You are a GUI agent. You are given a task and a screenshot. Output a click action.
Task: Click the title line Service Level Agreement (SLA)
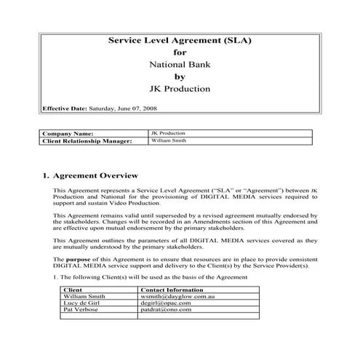[x=179, y=41]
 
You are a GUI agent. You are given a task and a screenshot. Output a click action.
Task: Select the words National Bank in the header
[x=179, y=65]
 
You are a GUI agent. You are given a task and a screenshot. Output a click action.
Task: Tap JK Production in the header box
[x=180, y=89]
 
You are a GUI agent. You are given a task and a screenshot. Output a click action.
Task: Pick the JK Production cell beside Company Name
[x=168, y=134]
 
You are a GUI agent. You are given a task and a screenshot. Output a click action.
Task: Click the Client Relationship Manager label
[x=87, y=141]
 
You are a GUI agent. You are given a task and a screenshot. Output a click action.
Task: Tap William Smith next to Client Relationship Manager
[x=167, y=141]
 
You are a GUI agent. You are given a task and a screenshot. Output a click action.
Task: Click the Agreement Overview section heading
[x=91, y=176]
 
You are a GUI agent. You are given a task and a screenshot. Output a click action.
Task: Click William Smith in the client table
[x=84, y=296]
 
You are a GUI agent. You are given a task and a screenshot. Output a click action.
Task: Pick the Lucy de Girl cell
[x=81, y=303]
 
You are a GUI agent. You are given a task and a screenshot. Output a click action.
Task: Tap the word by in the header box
[x=180, y=77]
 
